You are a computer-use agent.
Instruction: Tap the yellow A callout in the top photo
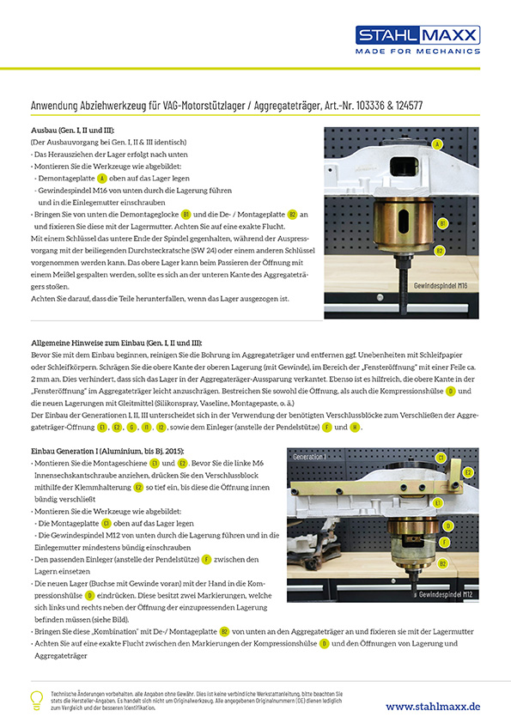tap(437, 145)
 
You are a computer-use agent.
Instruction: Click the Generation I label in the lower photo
tap(309, 457)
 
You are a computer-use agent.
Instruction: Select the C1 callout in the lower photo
tap(441, 459)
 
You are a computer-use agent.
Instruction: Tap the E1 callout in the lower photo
tap(437, 502)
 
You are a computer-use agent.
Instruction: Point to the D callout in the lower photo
tap(447, 526)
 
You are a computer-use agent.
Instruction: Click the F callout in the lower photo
tap(444, 543)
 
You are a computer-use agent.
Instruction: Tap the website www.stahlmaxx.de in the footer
tap(432, 705)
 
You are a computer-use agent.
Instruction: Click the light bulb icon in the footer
tap(37, 700)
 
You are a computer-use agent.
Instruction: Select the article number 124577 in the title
tap(407, 106)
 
